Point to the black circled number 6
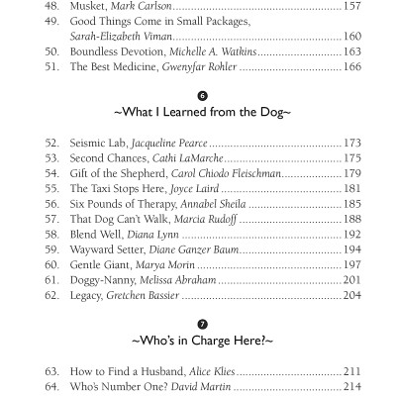click(x=202, y=96)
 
